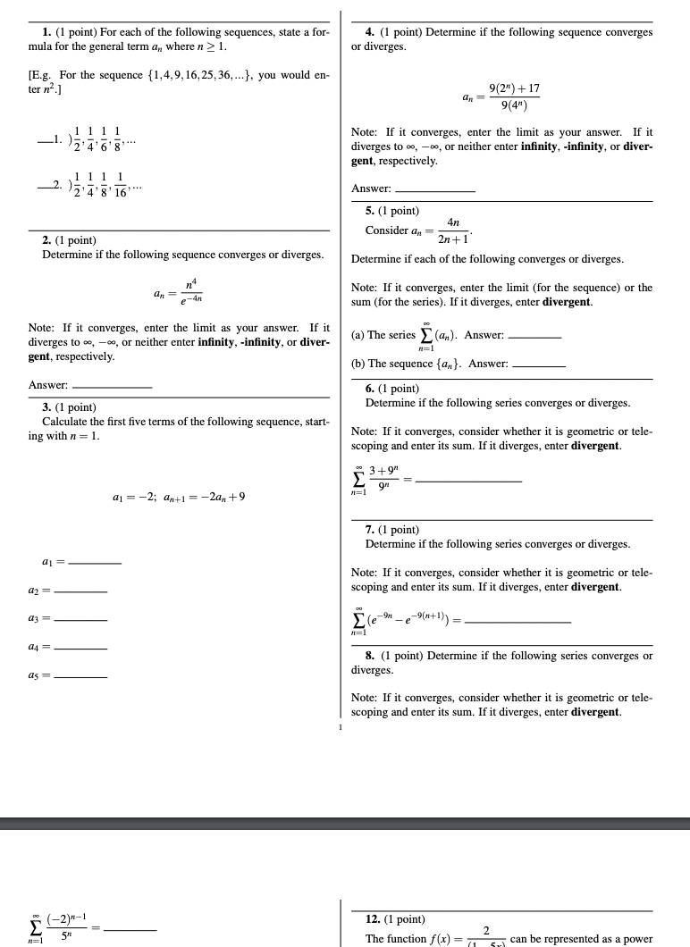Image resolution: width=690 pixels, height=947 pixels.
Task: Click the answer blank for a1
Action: (94, 563)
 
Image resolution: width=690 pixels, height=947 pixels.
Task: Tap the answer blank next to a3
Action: (80, 620)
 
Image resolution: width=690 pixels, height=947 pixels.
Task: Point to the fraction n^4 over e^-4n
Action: (191, 292)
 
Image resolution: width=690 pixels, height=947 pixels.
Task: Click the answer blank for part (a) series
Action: (534, 336)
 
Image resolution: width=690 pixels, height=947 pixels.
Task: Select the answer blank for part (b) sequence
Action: (539, 365)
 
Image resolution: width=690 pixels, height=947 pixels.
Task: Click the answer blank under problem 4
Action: (434, 189)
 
